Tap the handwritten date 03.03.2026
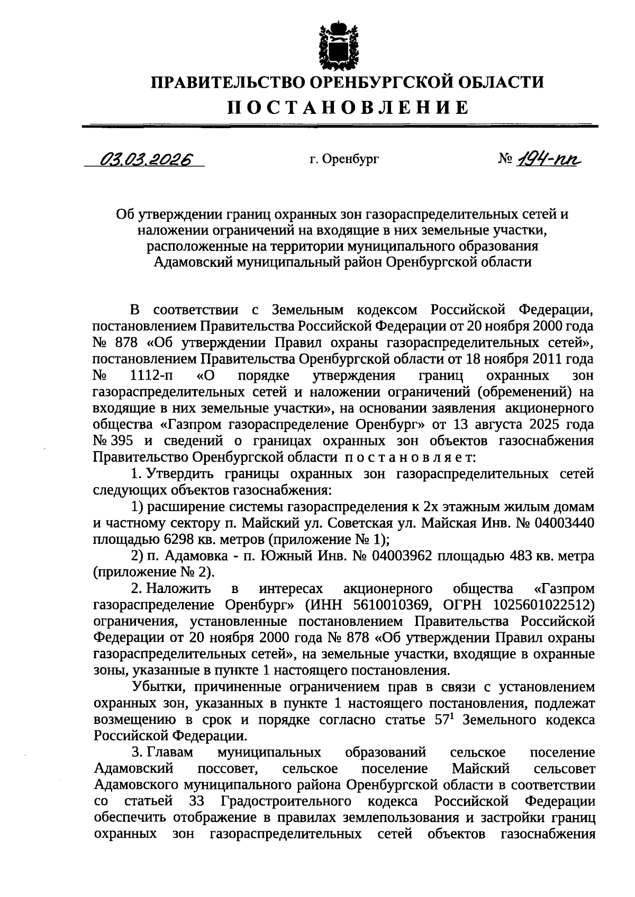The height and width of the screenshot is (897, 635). point(146,159)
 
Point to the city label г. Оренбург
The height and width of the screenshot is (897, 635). point(344,159)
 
